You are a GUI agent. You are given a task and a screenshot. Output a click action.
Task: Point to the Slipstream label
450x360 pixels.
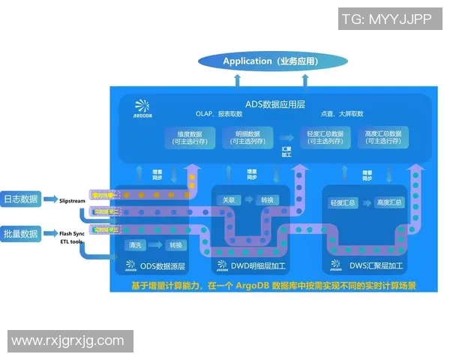73,200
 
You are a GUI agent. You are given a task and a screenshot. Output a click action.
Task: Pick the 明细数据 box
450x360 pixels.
245,137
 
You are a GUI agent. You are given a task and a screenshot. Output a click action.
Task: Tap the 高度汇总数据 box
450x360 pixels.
382,137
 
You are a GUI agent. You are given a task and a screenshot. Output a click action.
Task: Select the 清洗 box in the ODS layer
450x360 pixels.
136,245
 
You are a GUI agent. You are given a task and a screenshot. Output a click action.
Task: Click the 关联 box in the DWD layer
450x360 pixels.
228,200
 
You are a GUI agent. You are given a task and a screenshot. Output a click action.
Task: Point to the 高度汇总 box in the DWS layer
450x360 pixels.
389,202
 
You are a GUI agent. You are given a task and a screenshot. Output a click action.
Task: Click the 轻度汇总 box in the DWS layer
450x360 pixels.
343,202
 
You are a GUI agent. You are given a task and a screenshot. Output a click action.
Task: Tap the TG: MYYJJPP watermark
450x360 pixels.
388,20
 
